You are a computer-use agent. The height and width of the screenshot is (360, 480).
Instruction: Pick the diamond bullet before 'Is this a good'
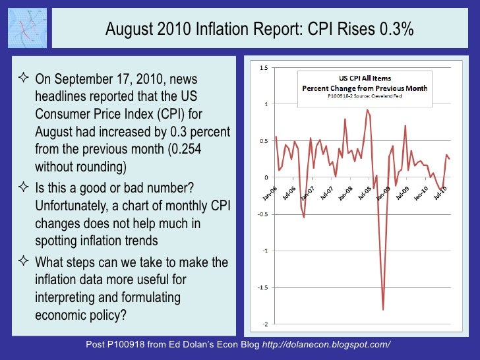[22, 189]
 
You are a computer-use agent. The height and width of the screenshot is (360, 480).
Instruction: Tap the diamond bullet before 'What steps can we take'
[22, 262]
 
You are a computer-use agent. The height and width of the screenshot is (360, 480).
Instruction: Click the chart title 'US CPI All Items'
[364, 78]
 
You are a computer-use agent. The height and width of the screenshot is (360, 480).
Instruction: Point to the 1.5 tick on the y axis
[264, 67]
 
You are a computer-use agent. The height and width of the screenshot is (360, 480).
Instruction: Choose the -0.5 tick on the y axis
[262, 214]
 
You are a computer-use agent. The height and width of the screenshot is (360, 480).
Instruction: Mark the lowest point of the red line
[383, 309]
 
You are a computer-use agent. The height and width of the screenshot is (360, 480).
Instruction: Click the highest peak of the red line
[367, 110]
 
